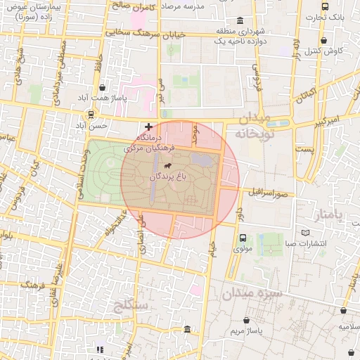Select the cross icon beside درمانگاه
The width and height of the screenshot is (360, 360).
pyautogui.click(x=148, y=127)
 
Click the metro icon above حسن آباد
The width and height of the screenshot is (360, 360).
pyautogui.click(x=90, y=115)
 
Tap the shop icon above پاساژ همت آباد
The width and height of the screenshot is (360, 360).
pyautogui.click(x=104, y=88)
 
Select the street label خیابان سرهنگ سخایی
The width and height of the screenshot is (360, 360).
pyautogui.click(x=143, y=32)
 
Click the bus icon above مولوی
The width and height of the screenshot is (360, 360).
pyautogui.click(x=242, y=238)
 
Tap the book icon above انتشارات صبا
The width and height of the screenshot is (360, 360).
pyautogui.click(x=304, y=233)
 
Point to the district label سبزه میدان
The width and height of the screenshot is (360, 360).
pyautogui.click(x=251, y=293)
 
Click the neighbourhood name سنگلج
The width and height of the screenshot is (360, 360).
pyautogui.click(x=131, y=305)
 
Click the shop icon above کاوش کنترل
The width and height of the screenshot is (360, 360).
pyautogui.click(x=323, y=41)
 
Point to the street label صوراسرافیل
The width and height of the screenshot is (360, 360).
pyautogui.click(x=266, y=191)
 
